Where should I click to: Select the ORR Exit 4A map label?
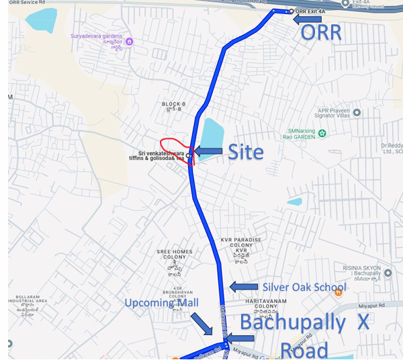pyautogui.click(x=310, y=11)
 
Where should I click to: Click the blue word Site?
pyautogui.click(x=246, y=152)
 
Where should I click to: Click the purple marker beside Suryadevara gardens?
pyautogui.click(x=130, y=42)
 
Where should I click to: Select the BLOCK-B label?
pyautogui.click(x=173, y=104)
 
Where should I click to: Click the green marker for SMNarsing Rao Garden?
pyautogui.click(x=323, y=133)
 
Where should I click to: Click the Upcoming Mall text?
pyautogui.click(x=162, y=304)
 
